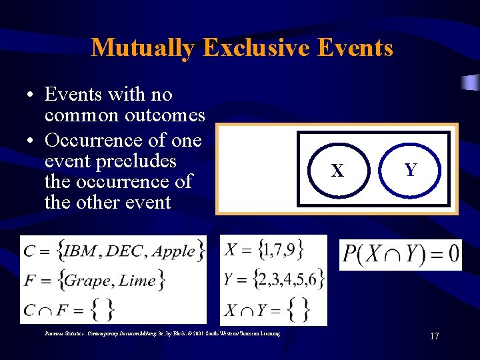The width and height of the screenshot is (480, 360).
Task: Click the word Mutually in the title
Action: pyautogui.click(x=143, y=48)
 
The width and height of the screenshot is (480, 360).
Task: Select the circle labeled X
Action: pyautogui.click(x=338, y=171)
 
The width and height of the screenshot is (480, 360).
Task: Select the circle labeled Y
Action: pyautogui.click(x=411, y=170)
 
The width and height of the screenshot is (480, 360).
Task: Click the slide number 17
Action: pyautogui.click(x=434, y=336)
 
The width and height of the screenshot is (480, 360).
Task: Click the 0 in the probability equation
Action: pyautogui.click(x=453, y=254)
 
